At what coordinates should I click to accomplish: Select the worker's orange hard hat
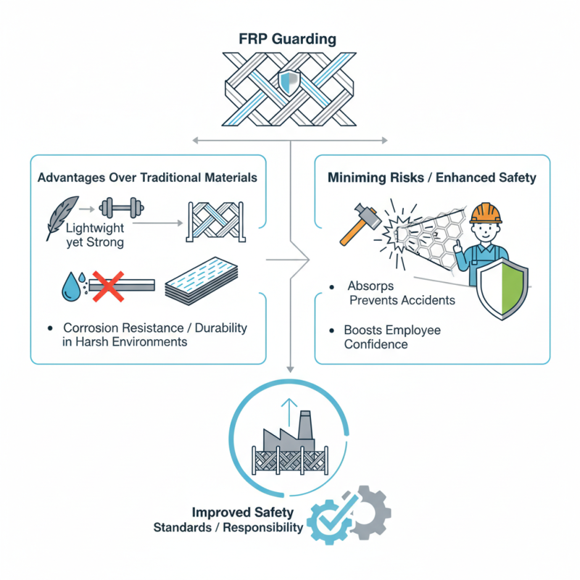click(x=485, y=212)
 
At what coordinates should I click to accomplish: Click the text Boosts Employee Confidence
click(x=392, y=337)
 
